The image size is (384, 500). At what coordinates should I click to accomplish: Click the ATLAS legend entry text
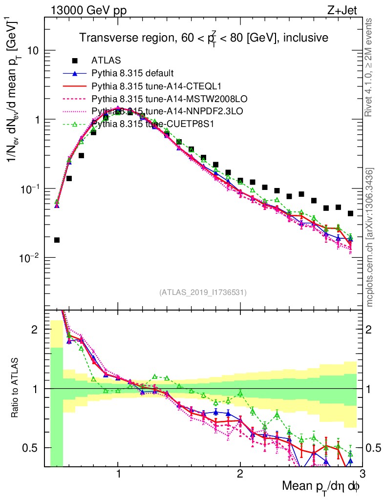tap(105, 61)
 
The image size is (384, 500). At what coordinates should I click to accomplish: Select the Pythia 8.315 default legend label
tap(132, 73)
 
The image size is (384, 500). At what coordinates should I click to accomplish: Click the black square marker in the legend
tap(75, 61)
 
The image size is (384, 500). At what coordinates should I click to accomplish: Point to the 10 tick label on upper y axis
tap(33, 51)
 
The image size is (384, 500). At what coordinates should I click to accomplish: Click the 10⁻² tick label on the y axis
tap(30, 258)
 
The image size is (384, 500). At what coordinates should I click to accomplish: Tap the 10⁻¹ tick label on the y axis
tap(30, 189)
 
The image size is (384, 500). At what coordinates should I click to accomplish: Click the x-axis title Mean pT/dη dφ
tap(321, 487)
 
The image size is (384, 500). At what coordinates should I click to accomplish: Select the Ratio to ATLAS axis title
tap(18, 388)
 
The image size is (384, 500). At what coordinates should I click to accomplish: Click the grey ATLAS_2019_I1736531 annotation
tap(203, 292)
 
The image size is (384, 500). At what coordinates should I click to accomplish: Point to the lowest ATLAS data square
tap(57, 240)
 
